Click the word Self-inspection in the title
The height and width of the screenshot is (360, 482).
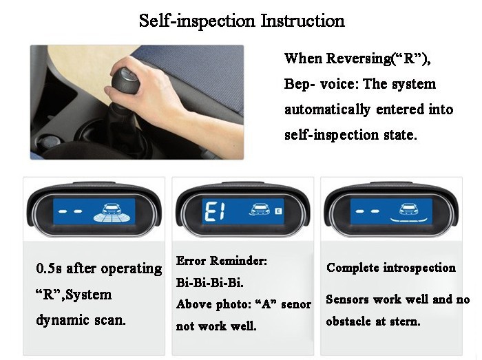coord(197,21)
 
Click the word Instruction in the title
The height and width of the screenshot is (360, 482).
coord(303,21)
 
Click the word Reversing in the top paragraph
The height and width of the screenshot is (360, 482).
coord(359,59)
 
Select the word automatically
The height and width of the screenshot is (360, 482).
coord(327,109)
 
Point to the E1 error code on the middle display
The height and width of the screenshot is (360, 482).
coord(215,211)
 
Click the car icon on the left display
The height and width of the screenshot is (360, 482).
coord(112,209)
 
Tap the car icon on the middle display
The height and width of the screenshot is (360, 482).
coord(260,209)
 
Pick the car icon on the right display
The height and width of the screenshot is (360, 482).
coord(408,209)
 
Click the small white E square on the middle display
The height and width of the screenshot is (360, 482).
coord(278,211)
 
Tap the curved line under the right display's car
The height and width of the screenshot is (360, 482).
coord(408,220)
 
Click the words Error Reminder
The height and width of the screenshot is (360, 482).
coord(222,261)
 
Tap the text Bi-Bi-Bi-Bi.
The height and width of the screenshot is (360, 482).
coord(209,282)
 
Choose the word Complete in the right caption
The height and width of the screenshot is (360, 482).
coord(353,268)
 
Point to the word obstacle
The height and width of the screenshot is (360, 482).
coord(348,321)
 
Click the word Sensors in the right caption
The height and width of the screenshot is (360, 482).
coord(347,299)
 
